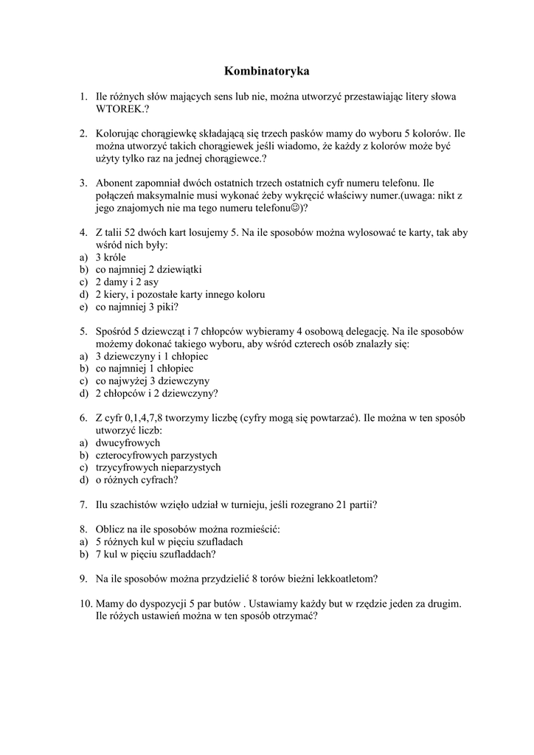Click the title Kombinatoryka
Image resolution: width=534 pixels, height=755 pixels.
point(266,72)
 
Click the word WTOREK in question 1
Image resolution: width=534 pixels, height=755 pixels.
point(119,108)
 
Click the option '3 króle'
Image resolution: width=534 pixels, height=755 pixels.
point(111,257)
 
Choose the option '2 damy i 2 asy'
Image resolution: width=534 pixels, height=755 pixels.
point(127,282)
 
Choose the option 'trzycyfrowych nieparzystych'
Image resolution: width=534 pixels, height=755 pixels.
point(159,467)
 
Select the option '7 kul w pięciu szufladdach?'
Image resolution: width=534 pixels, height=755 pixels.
point(156,554)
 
